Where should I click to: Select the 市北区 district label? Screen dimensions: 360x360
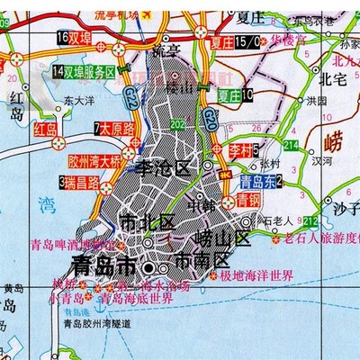[140, 222]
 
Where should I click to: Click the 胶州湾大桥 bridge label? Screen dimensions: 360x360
[94, 162]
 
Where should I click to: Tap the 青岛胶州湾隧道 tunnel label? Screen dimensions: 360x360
[93, 326]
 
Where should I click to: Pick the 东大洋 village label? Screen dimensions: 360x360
[78, 104]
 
